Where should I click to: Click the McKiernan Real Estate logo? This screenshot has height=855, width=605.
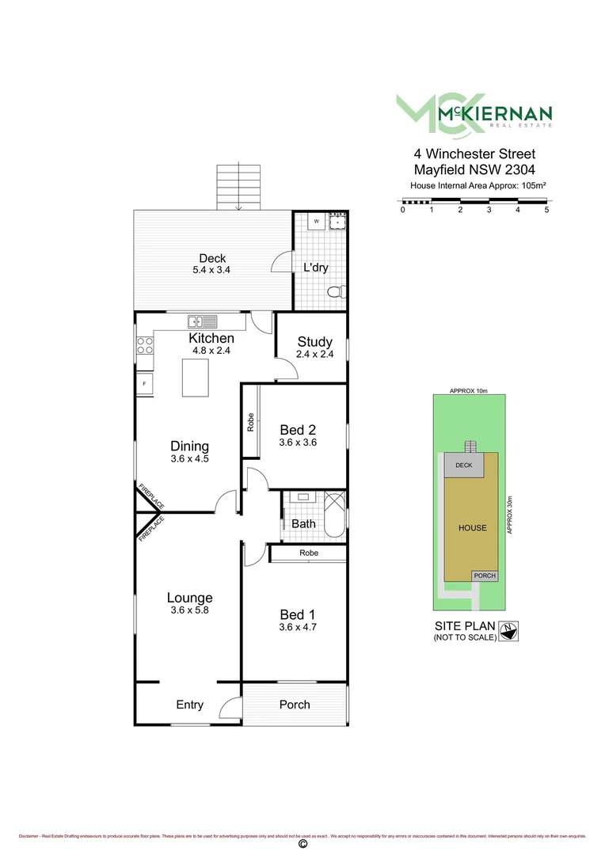pos(474,112)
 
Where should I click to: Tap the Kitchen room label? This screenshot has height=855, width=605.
pos(211,338)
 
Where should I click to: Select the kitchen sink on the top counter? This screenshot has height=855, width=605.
pos(202,321)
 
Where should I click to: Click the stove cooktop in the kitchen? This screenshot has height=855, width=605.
pos(145,345)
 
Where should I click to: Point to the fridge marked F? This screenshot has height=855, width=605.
pos(144,384)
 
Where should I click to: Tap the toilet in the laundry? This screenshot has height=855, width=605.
pos(337,292)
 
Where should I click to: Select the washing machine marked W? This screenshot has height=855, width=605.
pos(315,221)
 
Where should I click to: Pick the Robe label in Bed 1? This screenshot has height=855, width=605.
pos(309,553)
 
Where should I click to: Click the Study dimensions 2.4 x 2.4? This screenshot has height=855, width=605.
pos(314,355)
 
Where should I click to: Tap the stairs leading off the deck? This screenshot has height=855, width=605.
pos(238,188)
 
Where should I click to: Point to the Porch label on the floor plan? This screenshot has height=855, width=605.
pos(295,705)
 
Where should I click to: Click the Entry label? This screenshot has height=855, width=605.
pos(189,705)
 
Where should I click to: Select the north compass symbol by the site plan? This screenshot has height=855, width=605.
pos(511,631)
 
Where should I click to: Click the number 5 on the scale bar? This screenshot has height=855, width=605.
pos(546,210)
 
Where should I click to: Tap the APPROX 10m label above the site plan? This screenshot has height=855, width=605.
pos(469,391)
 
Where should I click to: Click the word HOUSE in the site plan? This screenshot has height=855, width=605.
pos(473,528)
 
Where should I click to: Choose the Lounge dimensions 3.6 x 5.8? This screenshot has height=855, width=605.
pos(189,610)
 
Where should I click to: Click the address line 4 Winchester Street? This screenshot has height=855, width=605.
pos(474,154)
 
